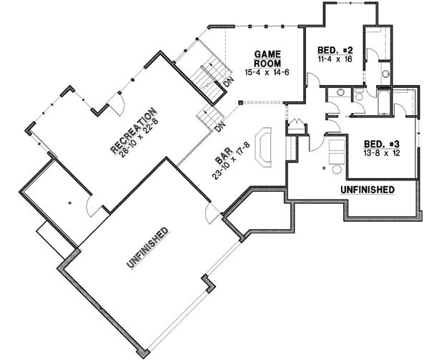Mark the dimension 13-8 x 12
pos(380,152)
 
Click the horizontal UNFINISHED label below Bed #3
pos(368,190)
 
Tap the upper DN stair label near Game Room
pos(227,83)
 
